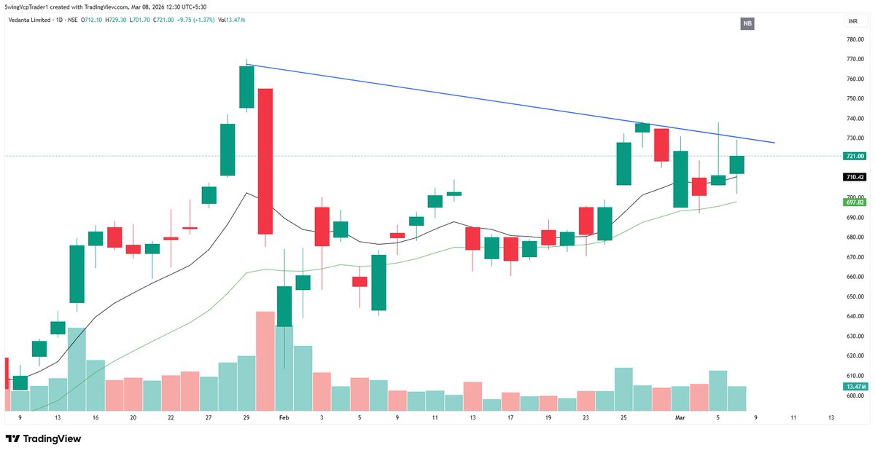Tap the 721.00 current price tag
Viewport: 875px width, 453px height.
[855, 157]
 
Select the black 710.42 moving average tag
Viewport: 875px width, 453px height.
[855, 177]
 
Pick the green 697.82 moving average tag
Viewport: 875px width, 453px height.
[855, 201]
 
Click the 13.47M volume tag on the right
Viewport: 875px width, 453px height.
[855, 386]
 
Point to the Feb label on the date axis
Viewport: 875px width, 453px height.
[284, 418]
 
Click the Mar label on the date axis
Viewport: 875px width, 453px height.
[680, 418]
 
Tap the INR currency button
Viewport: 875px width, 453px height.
[852, 23]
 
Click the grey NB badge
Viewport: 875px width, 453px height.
[747, 24]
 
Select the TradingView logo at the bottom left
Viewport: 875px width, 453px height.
[43, 439]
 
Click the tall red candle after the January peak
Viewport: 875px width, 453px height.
[265, 161]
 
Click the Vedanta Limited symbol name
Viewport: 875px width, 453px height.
[34, 20]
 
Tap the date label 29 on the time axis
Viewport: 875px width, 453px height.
[246, 418]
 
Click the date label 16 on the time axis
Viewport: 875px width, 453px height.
[95, 418]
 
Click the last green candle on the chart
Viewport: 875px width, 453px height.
[736, 165]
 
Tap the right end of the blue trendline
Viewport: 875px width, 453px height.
[774, 143]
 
